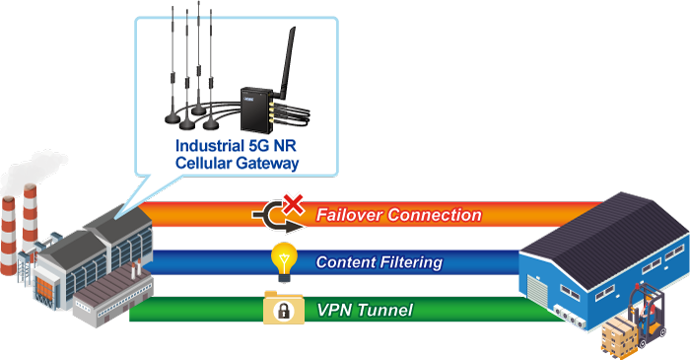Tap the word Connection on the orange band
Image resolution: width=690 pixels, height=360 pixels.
435,215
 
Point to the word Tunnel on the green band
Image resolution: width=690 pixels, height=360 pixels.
384,311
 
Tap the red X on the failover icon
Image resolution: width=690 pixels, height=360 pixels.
294,204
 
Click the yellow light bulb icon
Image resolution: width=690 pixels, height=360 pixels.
284,262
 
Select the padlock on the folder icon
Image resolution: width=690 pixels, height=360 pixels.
284,311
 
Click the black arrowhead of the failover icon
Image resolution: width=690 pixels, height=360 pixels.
294,227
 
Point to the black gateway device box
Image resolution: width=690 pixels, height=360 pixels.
256,109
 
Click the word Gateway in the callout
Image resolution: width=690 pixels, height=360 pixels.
267,164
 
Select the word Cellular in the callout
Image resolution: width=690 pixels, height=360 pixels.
204,163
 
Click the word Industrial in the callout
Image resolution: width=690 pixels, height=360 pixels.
210,146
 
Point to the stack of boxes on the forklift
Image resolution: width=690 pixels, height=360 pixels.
619,334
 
